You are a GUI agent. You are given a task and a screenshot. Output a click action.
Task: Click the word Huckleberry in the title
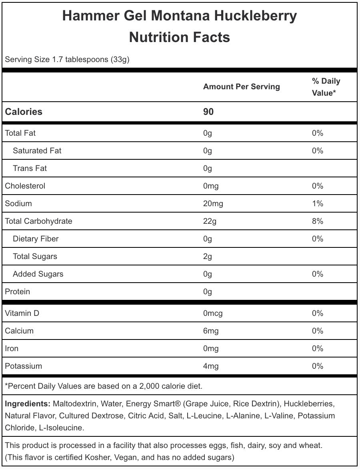click(x=256, y=16)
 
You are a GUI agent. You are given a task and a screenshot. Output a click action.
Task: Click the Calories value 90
click(x=208, y=112)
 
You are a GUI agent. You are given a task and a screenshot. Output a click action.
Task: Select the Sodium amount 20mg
click(x=213, y=203)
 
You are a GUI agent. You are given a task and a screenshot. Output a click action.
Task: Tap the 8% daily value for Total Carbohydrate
click(x=318, y=221)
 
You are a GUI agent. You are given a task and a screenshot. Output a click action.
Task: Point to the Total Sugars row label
click(x=35, y=256)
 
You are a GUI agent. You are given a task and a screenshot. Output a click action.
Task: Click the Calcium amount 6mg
click(x=211, y=331)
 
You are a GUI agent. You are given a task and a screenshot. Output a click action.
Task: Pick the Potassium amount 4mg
click(x=211, y=366)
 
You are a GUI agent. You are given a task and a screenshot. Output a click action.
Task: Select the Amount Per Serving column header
click(x=242, y=86)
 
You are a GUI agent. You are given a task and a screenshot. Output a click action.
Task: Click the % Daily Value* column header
click(x=326, y=87)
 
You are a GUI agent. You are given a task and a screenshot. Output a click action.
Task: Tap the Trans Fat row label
click(x=30, y=168)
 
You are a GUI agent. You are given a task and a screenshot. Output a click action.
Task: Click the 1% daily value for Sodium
click(x=318, y=203)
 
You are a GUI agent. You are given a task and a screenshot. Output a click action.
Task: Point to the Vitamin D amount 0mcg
click(x=213, y=313)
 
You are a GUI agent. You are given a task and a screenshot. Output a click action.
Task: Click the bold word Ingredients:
click(x=28, y=404)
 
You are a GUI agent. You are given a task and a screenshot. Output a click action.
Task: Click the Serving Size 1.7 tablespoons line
click(x=67, y=60)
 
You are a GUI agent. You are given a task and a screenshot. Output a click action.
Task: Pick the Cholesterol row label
click(x=25, y=186)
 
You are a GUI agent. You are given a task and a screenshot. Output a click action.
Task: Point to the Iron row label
click(x=12, y=348)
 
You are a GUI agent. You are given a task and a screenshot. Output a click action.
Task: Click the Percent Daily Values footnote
click(x=103, y=386)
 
